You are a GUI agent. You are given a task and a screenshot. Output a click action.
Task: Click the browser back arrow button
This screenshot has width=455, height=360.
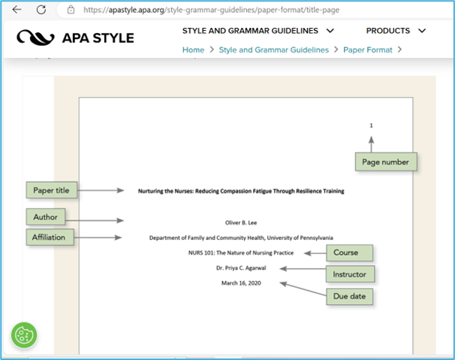[x=17, y=10]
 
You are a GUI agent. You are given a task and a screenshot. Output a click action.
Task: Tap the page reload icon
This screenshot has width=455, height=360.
[x=41, y=10]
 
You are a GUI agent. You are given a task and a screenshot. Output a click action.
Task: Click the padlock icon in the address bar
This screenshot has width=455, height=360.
[x=71, y=10]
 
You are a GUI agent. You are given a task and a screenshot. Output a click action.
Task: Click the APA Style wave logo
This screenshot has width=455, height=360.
[x=35, y=38]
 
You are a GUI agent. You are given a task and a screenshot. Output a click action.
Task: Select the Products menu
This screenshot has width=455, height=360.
[x=396, y=31]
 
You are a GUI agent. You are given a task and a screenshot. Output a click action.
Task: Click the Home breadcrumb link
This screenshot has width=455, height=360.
[x=193, y=50]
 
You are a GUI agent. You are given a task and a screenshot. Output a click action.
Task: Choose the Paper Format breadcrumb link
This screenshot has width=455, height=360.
[x=368, y=50]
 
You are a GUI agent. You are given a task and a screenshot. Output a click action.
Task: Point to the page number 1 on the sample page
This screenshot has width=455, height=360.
[x=371, y=126]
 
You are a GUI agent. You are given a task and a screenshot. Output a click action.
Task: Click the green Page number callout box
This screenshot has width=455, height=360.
[x=386, y=162]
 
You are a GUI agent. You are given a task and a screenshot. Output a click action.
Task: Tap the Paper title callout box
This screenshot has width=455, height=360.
[x=52, y=190]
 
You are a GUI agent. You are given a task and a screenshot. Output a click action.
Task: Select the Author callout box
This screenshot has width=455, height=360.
[x=46, y=216]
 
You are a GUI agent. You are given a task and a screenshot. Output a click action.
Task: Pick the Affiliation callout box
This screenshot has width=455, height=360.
[x=50, y=237]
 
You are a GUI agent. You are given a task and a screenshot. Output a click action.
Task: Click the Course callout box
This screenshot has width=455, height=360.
[x=349, y=253]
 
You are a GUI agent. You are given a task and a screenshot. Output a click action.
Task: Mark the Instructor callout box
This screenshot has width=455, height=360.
[x=350, y=274]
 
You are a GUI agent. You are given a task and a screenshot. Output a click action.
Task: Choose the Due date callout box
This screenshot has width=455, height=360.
[x=349, y=296]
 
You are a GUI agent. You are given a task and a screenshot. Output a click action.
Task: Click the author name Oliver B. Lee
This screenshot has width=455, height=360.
[x=241, y=223]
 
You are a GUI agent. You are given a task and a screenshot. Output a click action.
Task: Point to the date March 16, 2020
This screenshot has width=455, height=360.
[x=241, y=283]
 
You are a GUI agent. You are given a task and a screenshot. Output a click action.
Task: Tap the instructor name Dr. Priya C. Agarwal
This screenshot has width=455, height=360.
[x=241, y=268]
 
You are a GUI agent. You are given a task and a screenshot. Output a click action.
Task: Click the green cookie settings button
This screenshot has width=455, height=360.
[x=24, y=335]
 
